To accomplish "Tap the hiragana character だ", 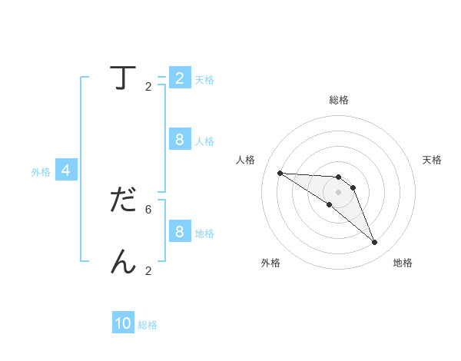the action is click(x=123, y=199).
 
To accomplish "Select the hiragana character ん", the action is click(x=123, y=262).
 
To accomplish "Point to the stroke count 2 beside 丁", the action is click(x=148, y=87).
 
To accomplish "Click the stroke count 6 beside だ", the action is click(x=148, y=209).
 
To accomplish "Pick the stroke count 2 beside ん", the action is click(x=148, y=271).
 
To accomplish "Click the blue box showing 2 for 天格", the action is click(x=180, y=78).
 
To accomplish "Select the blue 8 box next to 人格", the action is click(x=180, y=140).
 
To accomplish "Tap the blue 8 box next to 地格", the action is click(x=180, y=232).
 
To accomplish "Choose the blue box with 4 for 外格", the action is click(x=66, y=171).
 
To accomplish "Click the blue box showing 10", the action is click(x=123, y=324).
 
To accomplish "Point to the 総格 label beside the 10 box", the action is click(x=148, y=325).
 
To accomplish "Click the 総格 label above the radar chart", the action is click(x=338, y=100).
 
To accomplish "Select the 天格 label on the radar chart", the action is click(x=432, y=160).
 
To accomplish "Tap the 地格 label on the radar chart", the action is click(x=403, y=263).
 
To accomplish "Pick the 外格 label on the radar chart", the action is click(x=270, y=263).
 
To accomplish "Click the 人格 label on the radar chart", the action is click(x=245, y=160).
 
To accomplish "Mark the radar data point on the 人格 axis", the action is click(x=280, y=173).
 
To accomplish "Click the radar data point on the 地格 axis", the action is click(x=374, y=243).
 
